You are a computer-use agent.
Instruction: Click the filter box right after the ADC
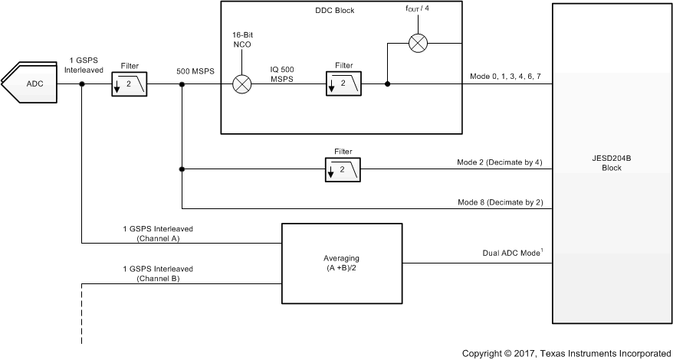pos(129,84)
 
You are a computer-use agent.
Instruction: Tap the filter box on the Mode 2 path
pos(343,169)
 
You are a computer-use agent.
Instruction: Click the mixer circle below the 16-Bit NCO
pos(242,84)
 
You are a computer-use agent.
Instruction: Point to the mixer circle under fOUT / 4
pos(417,43)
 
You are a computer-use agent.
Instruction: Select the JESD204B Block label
pos(611,163)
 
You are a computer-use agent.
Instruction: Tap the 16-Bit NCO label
pos(242,41)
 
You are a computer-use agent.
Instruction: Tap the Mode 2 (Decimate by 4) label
pos(500,162)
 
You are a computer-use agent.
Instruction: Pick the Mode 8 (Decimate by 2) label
pos(500,201)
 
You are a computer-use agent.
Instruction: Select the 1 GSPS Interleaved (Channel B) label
pos(158,273)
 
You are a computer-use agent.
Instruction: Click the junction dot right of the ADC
pos(81,84)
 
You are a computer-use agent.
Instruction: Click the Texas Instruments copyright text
pos(566,353)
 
